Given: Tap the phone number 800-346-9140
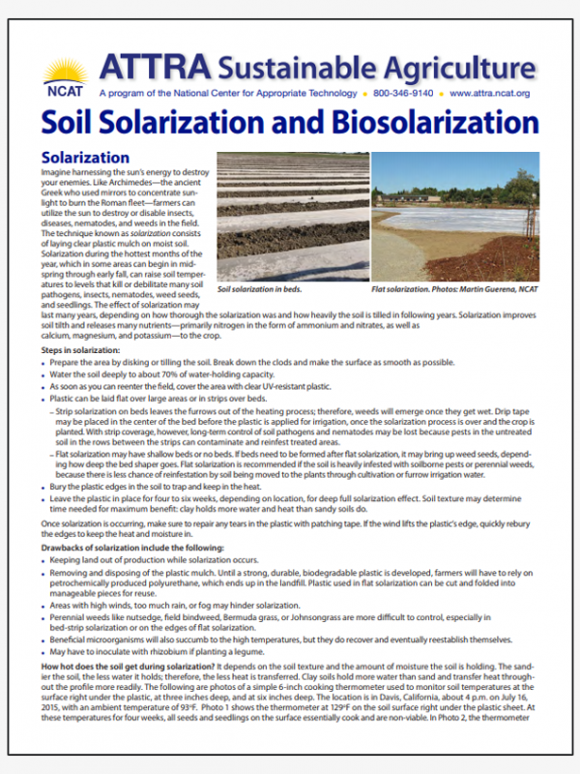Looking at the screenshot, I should tap(401, 94).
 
